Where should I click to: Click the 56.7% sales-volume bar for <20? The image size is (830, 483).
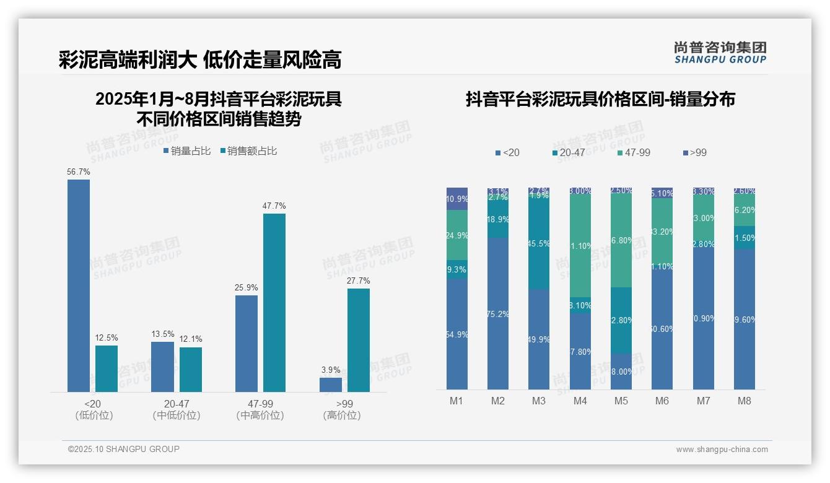tap(79, 285)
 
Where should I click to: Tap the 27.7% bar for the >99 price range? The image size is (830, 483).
tap(358, 340)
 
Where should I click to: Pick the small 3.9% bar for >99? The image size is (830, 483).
tap(331, 385)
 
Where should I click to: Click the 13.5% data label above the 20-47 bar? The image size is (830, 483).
tap(163, 334)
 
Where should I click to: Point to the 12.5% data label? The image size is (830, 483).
tap(107, 338)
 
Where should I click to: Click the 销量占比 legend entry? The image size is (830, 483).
tap(187, 151)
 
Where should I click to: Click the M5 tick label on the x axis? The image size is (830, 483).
tap(621, 401)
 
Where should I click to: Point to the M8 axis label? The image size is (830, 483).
tap(744, 401)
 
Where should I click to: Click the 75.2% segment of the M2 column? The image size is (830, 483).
tap(498, 313)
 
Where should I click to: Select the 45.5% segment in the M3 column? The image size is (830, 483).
tap(539, 244)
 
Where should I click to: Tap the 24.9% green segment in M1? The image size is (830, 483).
tap(457, 235)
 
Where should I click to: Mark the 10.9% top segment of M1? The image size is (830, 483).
tap(457, 199)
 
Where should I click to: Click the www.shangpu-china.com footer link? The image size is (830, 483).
tap(722, 450)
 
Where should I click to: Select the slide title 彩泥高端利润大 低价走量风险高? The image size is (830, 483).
tap(200, 60)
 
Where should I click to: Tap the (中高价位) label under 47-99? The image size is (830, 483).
tap(260, 416)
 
